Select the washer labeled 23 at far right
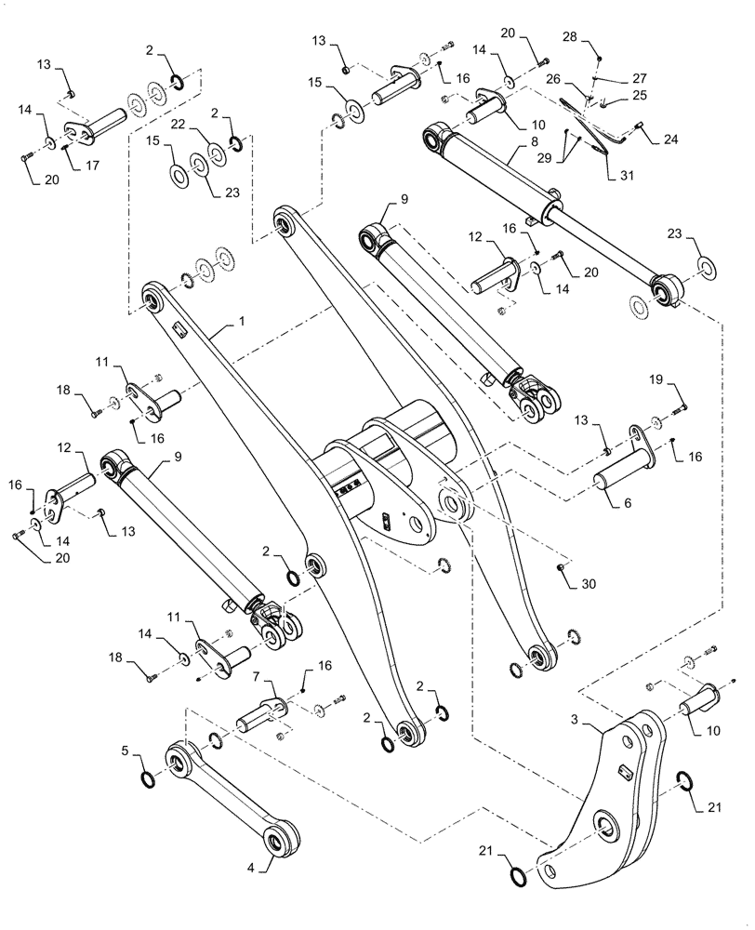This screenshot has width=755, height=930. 707,270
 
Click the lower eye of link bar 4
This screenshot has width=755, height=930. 278,843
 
